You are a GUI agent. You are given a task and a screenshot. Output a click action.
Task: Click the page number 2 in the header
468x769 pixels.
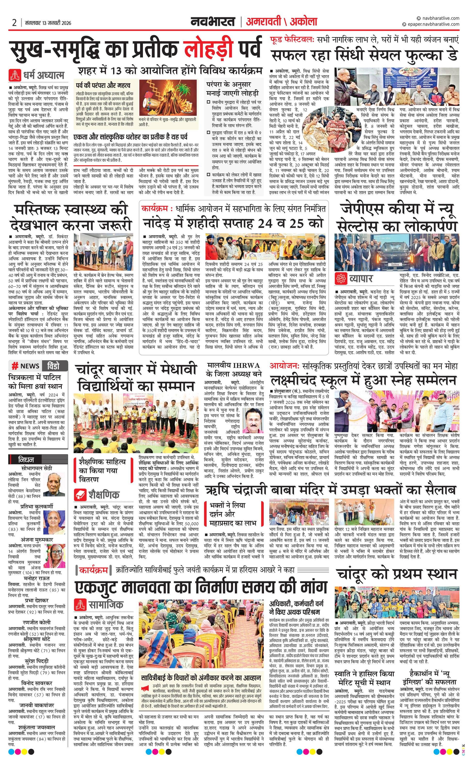click(x=14, y=23)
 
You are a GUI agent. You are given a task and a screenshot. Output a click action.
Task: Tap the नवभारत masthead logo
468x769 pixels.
click(x=213, y=22)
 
